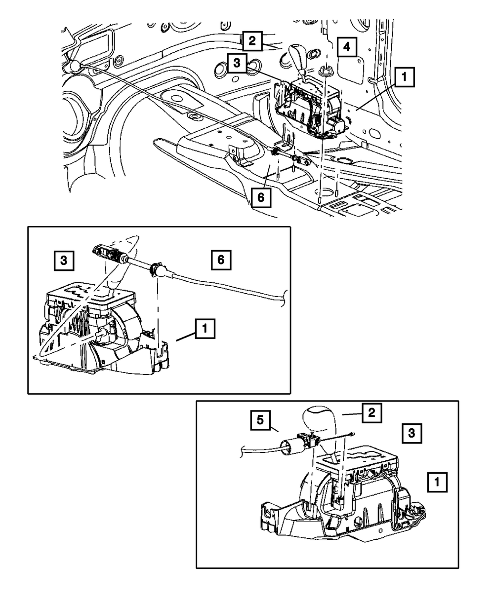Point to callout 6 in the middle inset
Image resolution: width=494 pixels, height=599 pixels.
221,260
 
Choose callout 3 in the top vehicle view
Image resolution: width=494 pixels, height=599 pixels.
237,64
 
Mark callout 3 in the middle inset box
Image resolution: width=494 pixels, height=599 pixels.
64,260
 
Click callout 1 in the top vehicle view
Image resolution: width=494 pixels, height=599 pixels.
404,77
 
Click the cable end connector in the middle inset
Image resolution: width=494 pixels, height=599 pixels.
108,253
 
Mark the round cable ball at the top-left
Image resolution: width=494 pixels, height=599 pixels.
74,65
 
